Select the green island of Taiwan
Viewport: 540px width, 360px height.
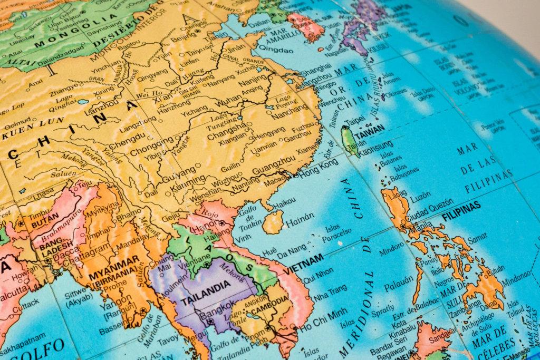350,141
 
